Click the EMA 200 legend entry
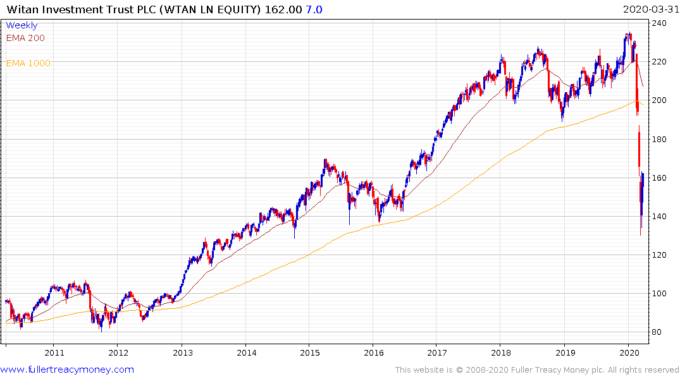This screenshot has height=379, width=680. (x=25, y=38)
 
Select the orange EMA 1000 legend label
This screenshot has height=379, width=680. (x=28, y=63)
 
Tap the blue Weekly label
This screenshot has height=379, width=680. (x=22, y=25)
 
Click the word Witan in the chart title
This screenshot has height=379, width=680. (x=21, y=9)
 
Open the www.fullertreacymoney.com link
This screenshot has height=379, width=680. (x=67, y=370)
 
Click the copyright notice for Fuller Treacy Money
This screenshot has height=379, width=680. (x=537, y=370)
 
